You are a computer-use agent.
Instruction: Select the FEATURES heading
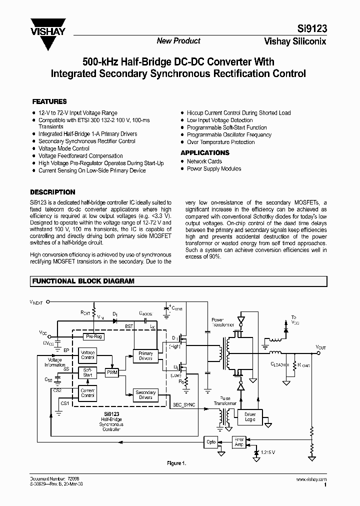pyautogui.click(x=49, y=101)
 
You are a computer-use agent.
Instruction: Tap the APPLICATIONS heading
pyautogui.click(x=205, y=152)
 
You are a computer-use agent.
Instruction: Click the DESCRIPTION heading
pyautogui.click(x=53, y=192)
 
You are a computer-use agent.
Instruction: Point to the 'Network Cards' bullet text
pyautogui.click(x=204, y=161)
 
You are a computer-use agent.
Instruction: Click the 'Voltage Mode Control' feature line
pyautogui.click(x=64, y=148)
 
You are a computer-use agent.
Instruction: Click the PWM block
pyautogui.click(x=111, y=372)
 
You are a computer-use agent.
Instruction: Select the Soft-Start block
pyautogui.click(x=88, y=372)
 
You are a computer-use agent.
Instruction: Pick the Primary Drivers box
pyautogui.click(x=145, y=356)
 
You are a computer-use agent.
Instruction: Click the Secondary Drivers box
pyautogui.click(x=145, y=395)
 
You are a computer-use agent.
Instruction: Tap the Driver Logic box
pyautogui.click(x=250, y=417)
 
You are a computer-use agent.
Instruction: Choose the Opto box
pyautogui.click(x=211, y=442)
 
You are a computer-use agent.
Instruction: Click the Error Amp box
pyautogui.click(x=239, y=442)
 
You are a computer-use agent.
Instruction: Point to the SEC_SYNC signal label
pyautogui.click(x=184, y=404)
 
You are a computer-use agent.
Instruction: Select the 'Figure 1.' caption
pyautogui.click(x=176, y=463)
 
